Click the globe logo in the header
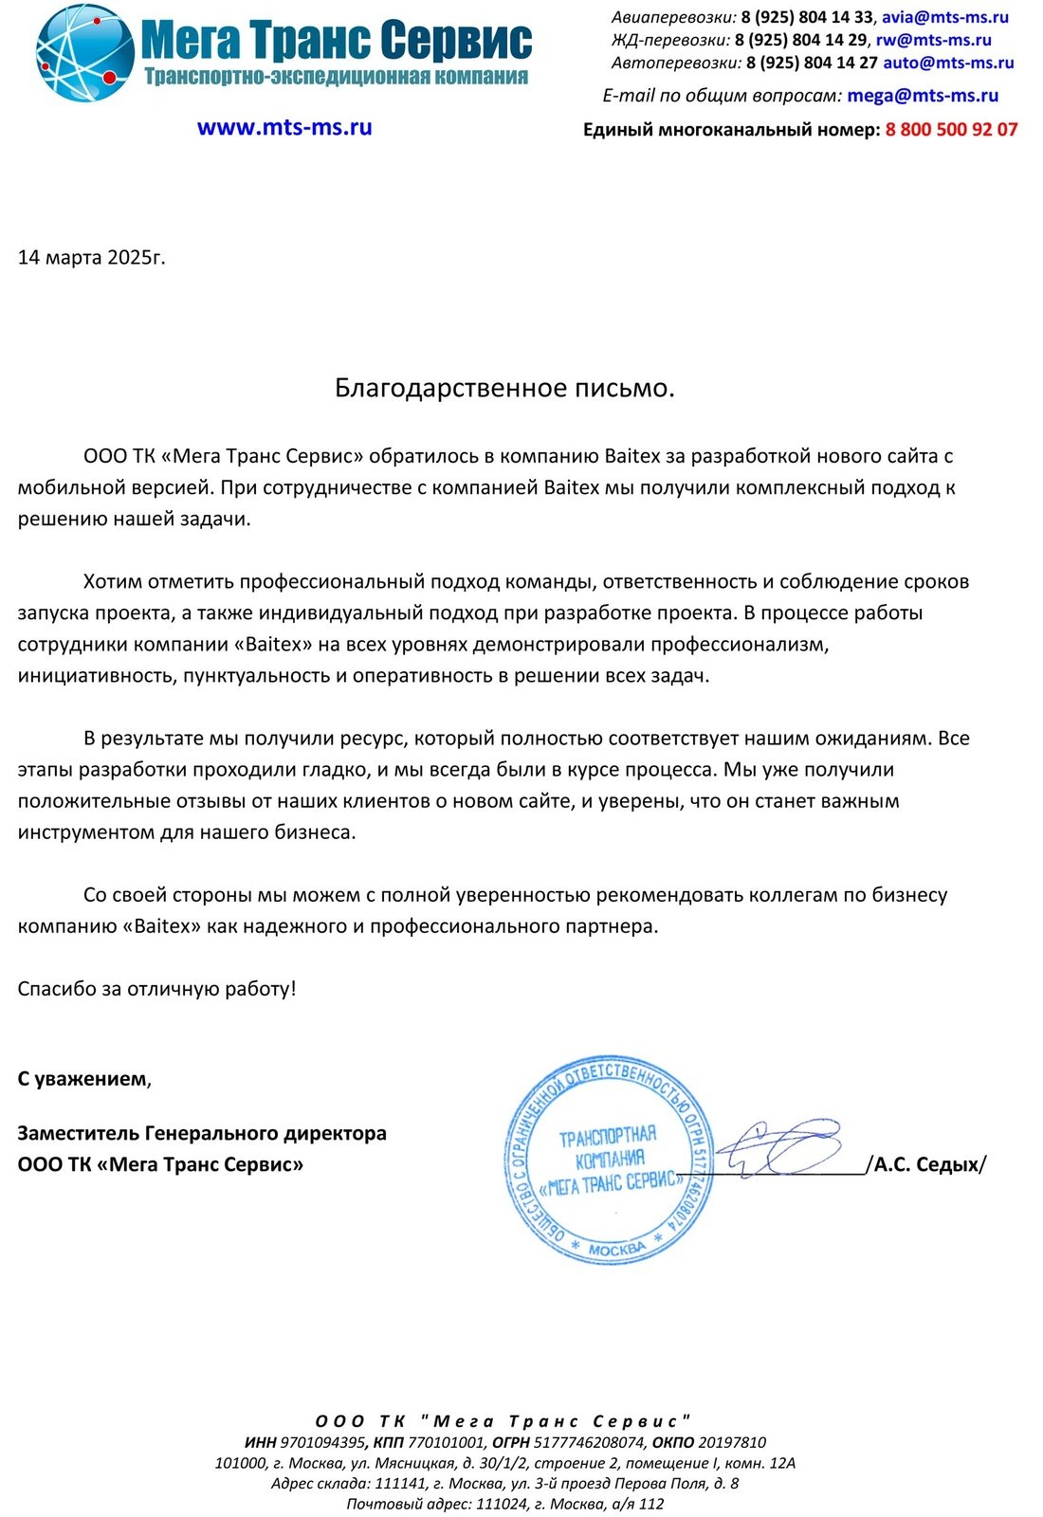point(84,53)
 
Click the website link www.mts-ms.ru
point(284,128)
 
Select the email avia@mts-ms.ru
point(945,17)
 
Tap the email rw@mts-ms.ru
point(933,40)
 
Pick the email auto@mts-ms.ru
point(948,64)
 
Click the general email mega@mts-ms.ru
point(923,96)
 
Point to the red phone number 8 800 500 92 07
point(951,130)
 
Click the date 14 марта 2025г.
point(92,257)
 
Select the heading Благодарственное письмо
point(504,388)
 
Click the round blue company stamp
point(611,1160)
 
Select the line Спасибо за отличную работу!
point(156,989)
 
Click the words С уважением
point(83,1079)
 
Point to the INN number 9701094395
point(323,1443)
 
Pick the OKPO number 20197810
point(732,1443)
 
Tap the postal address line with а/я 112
point(504,1504)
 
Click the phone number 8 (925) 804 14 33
point(807,17)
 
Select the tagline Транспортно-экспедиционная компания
point(336,77)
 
